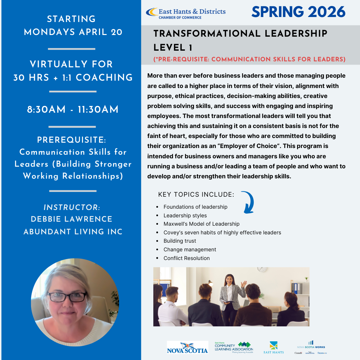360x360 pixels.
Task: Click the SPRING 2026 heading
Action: point(298,12)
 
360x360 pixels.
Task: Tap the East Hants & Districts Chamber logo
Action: point(186,13)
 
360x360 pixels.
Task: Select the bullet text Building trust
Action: point(180,241)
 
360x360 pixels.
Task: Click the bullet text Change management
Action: point(190,250)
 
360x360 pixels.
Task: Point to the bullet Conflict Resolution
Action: point(186,258)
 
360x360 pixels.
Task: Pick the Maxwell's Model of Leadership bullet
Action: point(201,224)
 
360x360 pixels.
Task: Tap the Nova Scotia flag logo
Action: point(187,347)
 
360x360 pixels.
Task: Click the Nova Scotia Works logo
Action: point(311,347)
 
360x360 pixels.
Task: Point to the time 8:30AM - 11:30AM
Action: point(73,110)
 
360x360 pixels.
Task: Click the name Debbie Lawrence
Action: point(72,219)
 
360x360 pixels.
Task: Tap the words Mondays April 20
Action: point(73,32)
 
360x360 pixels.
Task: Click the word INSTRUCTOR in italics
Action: point(72,207)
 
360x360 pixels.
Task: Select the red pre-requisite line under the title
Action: point(249,59)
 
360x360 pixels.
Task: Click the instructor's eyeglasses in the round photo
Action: point(68,297)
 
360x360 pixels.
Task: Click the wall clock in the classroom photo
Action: point(262,270)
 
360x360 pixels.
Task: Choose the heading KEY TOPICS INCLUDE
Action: point(196,195)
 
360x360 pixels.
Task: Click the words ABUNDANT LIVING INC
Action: point(73,232)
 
